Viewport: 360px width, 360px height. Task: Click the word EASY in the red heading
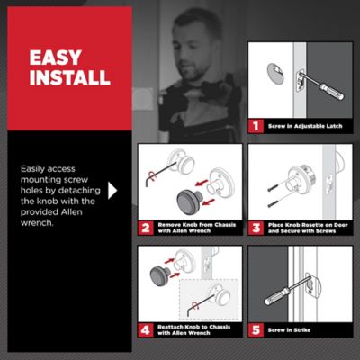(56, 58)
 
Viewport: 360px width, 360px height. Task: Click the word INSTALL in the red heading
(70, 77)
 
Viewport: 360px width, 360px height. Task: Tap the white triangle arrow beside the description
(112, 191)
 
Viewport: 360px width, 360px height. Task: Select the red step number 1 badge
(256, 126)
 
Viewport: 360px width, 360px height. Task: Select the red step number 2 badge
(146, 229)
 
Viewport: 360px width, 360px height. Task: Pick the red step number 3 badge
(256, 229)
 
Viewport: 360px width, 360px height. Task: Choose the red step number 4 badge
(146, 330)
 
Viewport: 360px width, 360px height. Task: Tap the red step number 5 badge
(256, 330)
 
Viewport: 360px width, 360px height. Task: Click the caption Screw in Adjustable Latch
(305, 126)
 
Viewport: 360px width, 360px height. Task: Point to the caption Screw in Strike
(289, 330)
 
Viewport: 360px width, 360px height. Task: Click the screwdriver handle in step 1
(332, 92)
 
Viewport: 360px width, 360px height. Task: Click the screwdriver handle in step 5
(277, 296)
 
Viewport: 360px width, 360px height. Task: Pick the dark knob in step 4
(160, 276)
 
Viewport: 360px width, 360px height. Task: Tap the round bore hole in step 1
(275, 74)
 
